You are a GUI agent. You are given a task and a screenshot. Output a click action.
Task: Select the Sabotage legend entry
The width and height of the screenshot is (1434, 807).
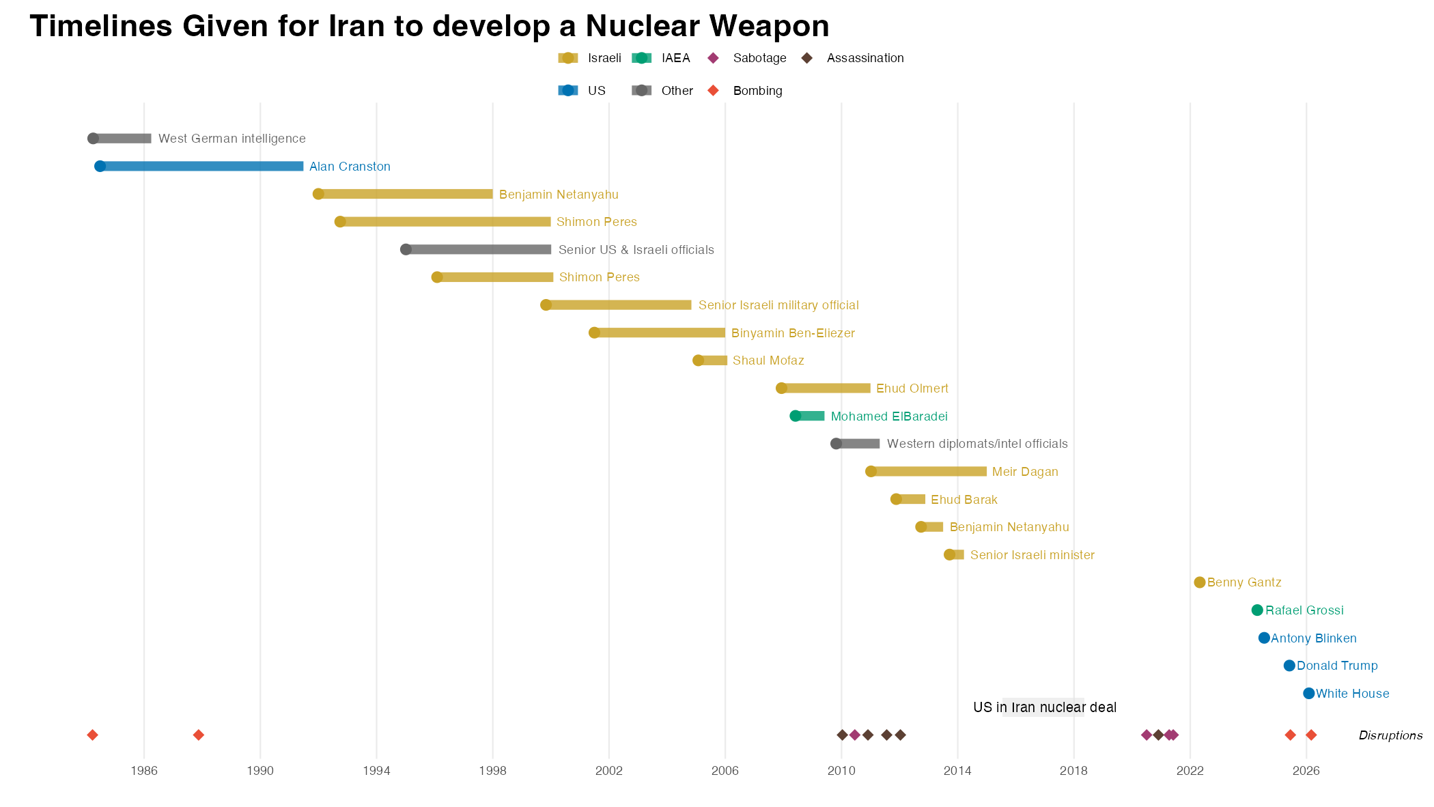click(x=759, y=58)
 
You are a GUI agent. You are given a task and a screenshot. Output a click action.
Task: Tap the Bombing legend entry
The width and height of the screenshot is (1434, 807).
click(x=757, y=91)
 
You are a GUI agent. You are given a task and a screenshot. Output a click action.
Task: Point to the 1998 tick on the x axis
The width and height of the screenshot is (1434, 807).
click(x=492, y=771)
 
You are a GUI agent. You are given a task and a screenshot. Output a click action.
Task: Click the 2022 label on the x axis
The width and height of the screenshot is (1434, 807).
click(x=1190, y=771)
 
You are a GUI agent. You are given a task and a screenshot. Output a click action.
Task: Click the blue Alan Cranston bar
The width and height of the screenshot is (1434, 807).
click(x=201, y=167)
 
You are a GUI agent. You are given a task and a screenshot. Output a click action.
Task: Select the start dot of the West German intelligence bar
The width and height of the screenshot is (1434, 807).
click(x=93, y=139)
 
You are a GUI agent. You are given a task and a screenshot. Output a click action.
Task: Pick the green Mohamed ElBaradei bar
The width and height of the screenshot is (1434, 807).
click(x=811, y=416)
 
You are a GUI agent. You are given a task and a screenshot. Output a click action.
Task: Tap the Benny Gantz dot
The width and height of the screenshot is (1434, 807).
click(x=1200, y=582)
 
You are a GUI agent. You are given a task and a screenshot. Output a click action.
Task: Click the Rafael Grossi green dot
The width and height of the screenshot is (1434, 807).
click(x=1257, y=610)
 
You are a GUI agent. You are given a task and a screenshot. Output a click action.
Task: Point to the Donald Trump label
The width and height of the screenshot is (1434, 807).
click(x=1336, y=666)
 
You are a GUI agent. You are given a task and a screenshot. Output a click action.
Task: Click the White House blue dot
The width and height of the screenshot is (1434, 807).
click(x=1308, y=694)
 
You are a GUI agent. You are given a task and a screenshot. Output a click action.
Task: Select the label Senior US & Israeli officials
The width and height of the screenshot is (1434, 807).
click(x=636, y=250)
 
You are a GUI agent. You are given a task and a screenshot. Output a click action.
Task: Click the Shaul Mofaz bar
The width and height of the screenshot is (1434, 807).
click(x=714, y=360)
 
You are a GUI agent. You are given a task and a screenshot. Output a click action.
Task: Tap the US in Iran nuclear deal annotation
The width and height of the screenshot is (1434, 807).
click(x=1044, y=707)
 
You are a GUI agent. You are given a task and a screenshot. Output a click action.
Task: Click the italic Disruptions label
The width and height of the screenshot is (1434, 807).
click(x=1390, y=735)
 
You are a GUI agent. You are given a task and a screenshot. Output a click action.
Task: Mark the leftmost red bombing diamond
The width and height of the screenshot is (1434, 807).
click(x=93, y=735)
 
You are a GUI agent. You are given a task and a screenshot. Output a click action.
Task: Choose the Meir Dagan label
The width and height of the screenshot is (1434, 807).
click(x=1024, y=472)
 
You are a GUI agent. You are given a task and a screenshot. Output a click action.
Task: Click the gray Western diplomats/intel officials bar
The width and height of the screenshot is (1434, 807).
click(x=859, y=444)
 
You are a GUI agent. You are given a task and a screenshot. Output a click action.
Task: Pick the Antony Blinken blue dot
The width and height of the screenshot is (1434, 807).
click(x=1264, y=638)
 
